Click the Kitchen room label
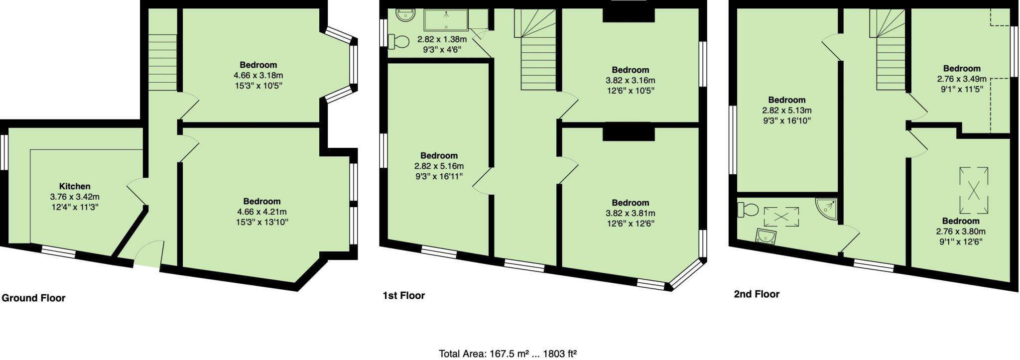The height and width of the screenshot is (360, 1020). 75,186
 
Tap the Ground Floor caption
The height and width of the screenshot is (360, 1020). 33,298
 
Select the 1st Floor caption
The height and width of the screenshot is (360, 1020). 403,295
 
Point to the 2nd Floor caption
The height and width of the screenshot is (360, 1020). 757,294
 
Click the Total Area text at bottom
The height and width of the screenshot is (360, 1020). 508,354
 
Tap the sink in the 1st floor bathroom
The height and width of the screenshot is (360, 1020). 405,16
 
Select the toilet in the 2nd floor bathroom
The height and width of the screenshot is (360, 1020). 748,209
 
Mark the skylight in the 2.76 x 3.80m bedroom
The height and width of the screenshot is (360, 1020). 974,190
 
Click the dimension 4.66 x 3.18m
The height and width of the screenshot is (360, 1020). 258,75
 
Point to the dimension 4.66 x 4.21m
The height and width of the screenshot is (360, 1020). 261,212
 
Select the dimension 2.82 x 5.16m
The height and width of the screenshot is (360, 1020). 439,166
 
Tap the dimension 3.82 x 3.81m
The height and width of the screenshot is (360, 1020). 630,213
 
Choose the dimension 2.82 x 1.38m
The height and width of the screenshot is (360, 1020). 442,39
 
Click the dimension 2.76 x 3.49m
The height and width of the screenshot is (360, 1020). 961,79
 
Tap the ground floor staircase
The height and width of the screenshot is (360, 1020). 162,62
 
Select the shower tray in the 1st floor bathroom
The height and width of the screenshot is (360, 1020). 446,20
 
